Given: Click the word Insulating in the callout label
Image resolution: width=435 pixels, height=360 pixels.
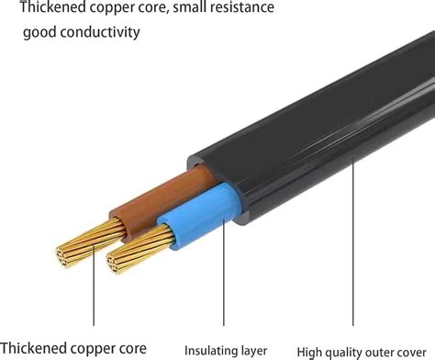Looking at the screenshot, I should tap(210, 350).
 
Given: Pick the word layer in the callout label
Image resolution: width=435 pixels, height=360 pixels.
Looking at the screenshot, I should tap(253, 350).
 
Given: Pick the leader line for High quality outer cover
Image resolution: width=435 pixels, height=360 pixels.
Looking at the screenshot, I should tap(354, 248).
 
